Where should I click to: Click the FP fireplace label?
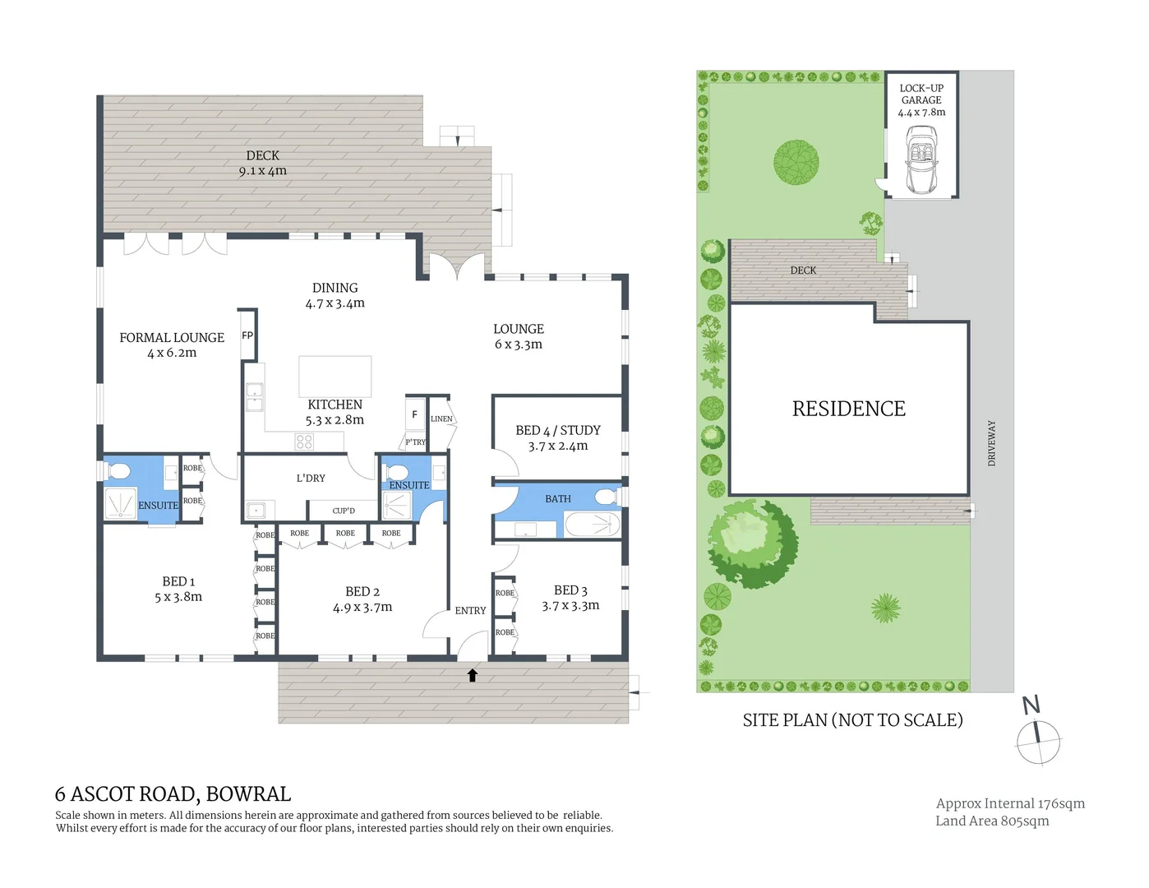pyautogui.click(x=247, y=335)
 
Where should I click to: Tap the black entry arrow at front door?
pyautogui.click(x=473, y=675)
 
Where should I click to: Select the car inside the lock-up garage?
pyautogui.click(x=921, y=160)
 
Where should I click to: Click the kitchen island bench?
pyautogui.click(x=335, y=377)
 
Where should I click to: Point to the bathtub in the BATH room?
pyautogui.click(x=592, y=524)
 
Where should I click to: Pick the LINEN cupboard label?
pyautogui.click(x=441, y=419)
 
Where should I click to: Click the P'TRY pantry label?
pyautogui.click(x=416, y=442)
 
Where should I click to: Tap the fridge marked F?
pyautogui.click(x=415, y=414)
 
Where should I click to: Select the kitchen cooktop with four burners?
pyautogui.click(x=304, y=442)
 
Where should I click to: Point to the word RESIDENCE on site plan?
pyautogui.click(x=848, y=409)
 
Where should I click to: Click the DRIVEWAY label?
pyautogui.click(x=991, y=443)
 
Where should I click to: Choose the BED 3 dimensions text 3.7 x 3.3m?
pyautogui.click(x=570, y=606)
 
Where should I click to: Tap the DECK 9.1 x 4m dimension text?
pyautogui.click(x=263, y=171)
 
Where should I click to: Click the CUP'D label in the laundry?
pyautogui.click(x=344, y=511)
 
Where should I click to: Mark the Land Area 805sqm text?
pyautogui.click(x=992, y=821)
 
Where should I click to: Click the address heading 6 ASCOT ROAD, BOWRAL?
pyautogui.click(x=173, y=794)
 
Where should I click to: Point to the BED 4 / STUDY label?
pyautogui.click(x=558, y=430)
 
